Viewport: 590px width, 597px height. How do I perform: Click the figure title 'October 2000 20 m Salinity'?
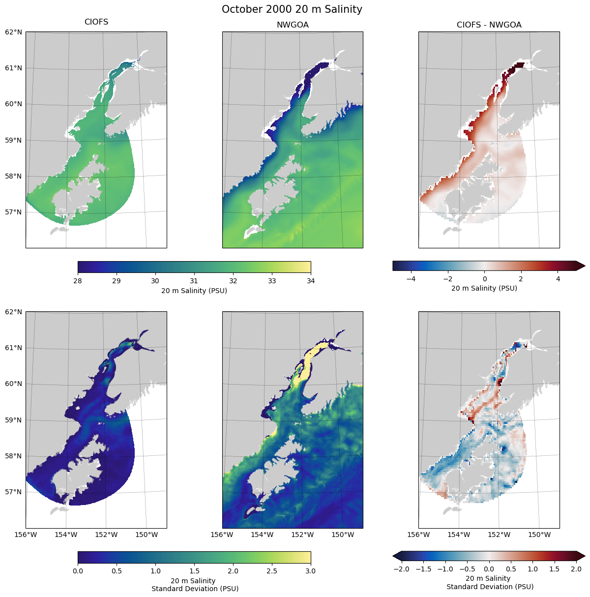pos(292,9)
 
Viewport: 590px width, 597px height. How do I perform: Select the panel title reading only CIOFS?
pos(96,22)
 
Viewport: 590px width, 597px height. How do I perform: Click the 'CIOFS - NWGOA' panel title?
pos(489,25)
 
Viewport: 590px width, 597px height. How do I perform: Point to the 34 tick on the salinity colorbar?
pos(311,281)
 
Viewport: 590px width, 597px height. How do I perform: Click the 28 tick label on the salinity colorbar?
pos(78,281)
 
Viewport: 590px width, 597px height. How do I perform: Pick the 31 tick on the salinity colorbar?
pos(194,281)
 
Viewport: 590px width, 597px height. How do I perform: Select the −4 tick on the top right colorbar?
pos(411,279)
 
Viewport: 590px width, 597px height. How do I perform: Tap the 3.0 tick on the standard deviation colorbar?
pos(311,571)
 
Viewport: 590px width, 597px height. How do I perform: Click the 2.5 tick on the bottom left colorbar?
pos(272,571)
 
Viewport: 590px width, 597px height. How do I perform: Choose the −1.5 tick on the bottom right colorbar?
pos(423,569)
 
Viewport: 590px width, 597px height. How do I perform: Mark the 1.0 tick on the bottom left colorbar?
pos(155,571)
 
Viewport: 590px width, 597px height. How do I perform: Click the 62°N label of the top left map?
pos(13,32)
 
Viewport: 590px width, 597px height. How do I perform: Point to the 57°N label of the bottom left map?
pos(13,492)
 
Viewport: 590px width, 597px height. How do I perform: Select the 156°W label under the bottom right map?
pos(419,535)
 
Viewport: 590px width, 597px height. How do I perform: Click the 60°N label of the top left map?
pos(13,104)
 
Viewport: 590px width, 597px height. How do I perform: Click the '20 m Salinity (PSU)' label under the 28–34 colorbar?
pos(194,291)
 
